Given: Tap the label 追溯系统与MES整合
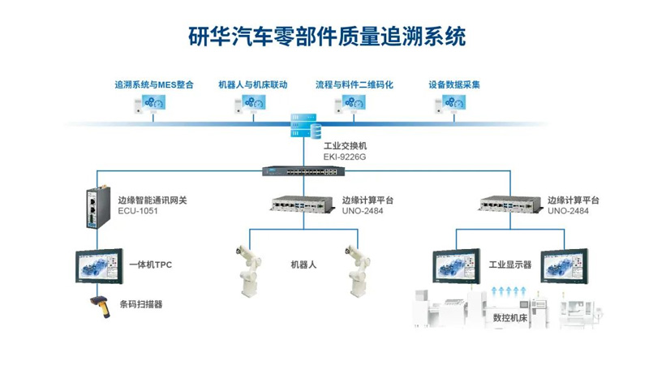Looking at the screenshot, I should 153,84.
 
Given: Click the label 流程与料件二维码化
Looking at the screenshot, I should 354,84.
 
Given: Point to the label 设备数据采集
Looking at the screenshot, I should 454,84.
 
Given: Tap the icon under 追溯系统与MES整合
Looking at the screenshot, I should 153,103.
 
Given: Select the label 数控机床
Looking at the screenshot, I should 509,318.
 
